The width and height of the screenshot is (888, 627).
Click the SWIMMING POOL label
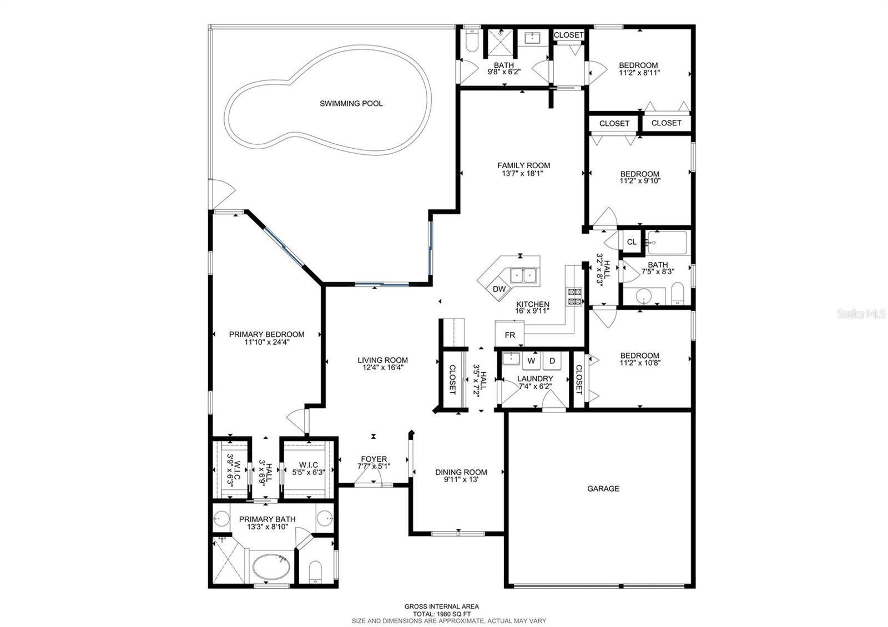point(351,103)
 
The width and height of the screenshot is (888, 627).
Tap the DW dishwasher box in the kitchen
point(500,289)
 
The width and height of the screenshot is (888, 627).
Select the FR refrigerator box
point(509,335)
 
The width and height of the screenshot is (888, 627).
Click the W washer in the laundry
point(531,361)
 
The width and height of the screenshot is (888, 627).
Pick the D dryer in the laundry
point(552,361)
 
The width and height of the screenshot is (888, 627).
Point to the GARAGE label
point(603,489)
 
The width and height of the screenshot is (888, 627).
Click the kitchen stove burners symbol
point(574,296)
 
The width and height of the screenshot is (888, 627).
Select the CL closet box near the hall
point(631,242)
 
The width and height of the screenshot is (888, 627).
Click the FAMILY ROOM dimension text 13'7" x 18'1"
point(523,173)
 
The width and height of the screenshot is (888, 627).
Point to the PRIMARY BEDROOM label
point(266,334)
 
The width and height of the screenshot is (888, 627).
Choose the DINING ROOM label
point(461,472)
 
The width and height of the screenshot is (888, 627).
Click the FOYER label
point(374,459)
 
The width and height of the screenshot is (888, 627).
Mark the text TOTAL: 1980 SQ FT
point(441,614)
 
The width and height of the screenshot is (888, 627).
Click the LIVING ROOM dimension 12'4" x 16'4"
point(382,367)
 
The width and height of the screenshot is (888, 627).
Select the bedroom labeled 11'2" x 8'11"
point(639,69)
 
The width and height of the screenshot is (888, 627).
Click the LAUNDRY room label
point(535,379)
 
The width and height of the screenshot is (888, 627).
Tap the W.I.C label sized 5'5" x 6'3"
point(308,465)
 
